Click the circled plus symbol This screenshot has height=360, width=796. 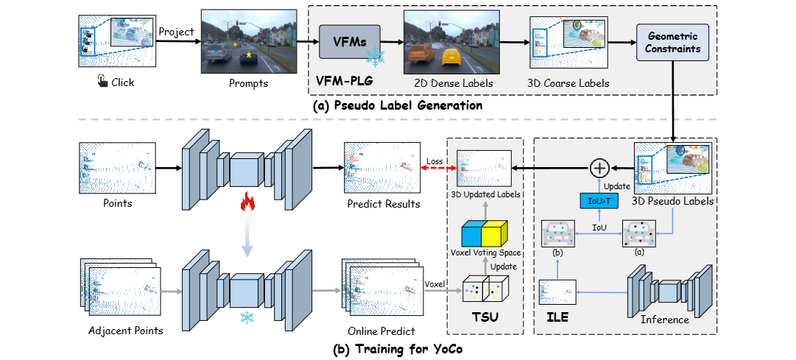pyautogui.click(x=600, y=169)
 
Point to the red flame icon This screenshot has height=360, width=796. pyautogui.click(x=247, y=201)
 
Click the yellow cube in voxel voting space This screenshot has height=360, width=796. pyautogui.click(x=495, y=234)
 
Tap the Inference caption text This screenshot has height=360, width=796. pyautogui.click(x=665, y=320)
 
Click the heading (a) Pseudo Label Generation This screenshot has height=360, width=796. pyautogui.click(x=398, y=106)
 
